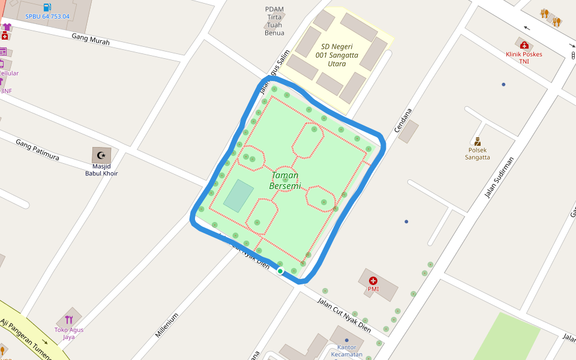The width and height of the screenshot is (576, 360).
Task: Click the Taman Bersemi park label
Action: tap(285, 181)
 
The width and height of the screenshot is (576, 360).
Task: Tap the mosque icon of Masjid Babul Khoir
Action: tap(101, 155)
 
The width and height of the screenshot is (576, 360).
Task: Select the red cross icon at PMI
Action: tap(373, 280)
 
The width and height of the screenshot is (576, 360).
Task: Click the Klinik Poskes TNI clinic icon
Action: tap(524, 45)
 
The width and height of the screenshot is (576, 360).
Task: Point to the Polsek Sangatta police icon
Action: tap(478, 142)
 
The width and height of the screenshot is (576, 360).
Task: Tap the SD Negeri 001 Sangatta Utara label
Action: tap(337, 55)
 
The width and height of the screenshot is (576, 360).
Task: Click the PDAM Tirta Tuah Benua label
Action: tap(274, 21)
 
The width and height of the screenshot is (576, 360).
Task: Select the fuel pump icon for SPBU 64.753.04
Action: tap(47, 7)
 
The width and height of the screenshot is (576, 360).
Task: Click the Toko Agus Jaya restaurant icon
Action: tap(69, 320)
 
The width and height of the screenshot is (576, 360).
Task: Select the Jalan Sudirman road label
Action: tap(499, 178)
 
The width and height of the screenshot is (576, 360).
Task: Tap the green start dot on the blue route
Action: tap(280, 271)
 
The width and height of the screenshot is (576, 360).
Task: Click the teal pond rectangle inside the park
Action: tap(238, 196)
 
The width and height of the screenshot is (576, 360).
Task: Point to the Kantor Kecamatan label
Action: tap(347, 351)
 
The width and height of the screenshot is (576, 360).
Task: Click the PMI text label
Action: tap(373, 289)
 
